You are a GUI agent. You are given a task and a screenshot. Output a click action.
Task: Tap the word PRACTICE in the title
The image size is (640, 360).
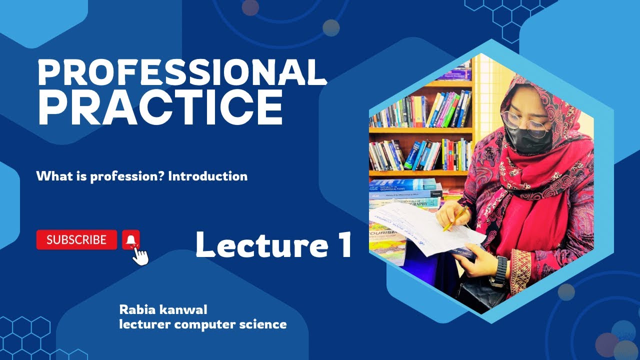click(160, 107)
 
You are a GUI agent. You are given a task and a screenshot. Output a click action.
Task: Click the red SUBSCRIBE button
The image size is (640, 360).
click(76, 240)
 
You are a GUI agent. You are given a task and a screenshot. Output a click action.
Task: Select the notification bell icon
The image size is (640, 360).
click(130, 240)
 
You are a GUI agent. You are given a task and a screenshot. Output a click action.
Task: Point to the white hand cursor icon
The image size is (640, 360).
click(140, 256)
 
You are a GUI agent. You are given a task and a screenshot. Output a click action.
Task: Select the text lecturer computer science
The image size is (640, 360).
click(202, 324)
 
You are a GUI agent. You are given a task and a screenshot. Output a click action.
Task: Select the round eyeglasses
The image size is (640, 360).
click(525, 122)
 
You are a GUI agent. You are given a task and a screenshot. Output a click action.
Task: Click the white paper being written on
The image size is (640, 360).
click(425, 225)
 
